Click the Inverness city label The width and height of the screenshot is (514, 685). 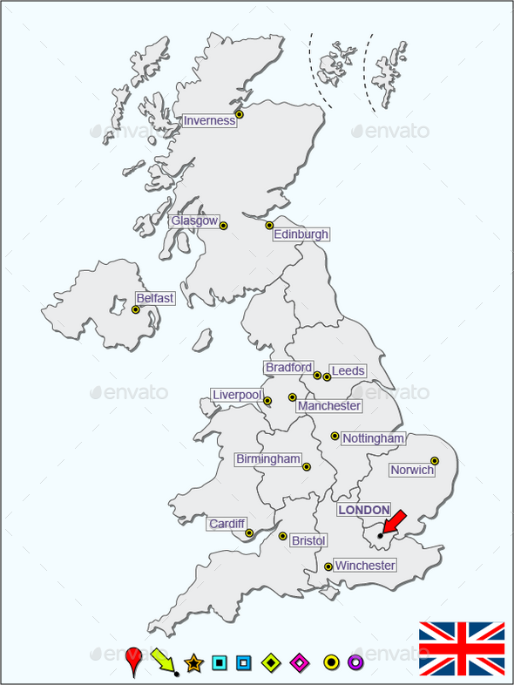click(209, 121)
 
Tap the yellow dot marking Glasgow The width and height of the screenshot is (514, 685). click(223, 226)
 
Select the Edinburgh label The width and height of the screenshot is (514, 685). click(301, 234)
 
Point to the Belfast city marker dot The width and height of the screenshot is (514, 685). click(135, 309)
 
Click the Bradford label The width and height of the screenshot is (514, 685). click(288, 368)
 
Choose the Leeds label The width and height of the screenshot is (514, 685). click(348, 371)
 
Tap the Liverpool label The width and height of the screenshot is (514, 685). click(237, 396)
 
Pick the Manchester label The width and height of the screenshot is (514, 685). click(329, 406)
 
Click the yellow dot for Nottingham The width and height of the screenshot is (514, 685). click(335, 436)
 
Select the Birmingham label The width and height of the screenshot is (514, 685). click(268, 459)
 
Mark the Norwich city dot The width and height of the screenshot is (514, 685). click(435, 461)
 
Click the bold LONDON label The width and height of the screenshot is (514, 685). click(364, 510)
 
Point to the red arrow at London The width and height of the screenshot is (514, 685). click(393, 523)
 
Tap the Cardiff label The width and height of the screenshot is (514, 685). click(227, 524)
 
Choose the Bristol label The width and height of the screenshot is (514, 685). click(308, 541)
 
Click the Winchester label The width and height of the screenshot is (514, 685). click(365, 566)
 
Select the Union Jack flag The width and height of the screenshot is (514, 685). click(462, 649)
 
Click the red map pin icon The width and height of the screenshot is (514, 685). click(133, 660)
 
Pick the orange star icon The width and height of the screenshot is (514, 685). click(193, 663)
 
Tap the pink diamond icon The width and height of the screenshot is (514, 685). click(299, 663)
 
